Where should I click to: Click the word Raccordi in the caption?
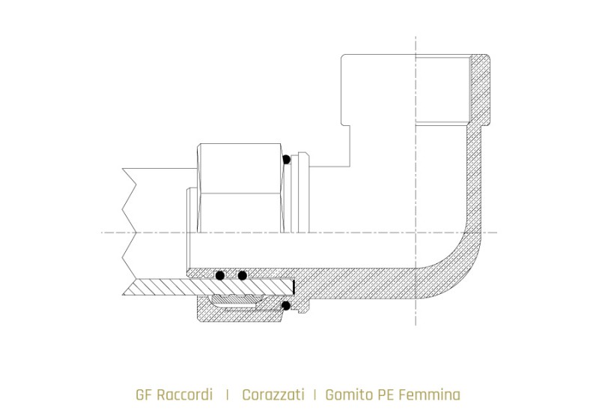pyautogui.click(x=183, y=394)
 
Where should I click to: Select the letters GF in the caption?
pyautogui.click(x=143, y=394)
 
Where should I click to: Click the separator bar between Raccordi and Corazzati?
pyautogui.click(x=228, y=394)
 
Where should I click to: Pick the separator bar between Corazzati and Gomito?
pyautogui.click(x=315, y=394)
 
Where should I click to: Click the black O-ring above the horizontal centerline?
pyautogui.click(x=285, y=159)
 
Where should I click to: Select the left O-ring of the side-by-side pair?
pyautogui.click(x=220, y=275)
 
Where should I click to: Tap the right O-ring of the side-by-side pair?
pyautogui.click(x=242, y=275)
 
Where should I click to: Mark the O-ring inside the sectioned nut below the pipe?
pyautogui.click(x=285, y=305)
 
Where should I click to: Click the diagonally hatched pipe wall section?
pyautogui.click(x=187, y=286)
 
